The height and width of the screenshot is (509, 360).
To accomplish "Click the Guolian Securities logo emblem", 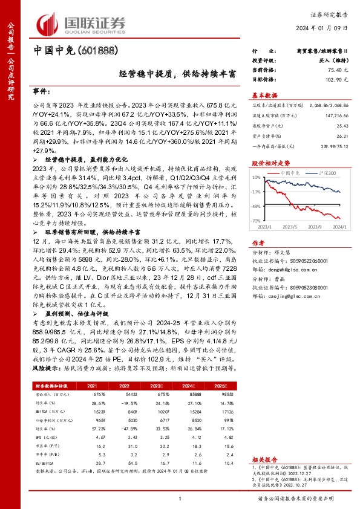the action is [50, 23].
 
